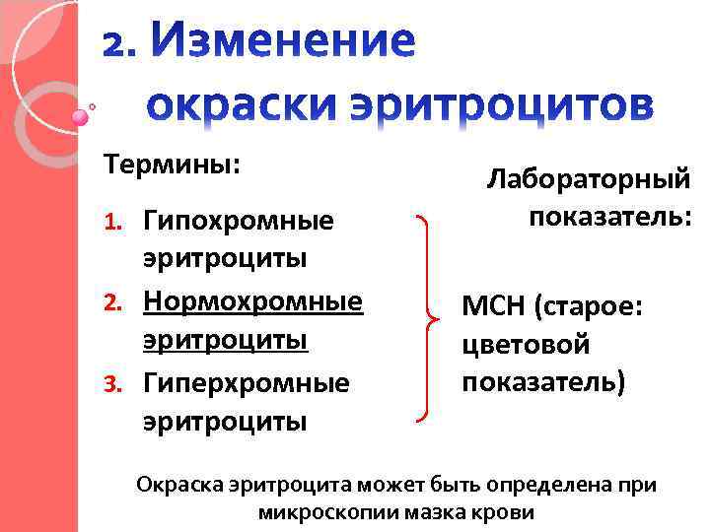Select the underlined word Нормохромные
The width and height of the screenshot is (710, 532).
tap(252, 299)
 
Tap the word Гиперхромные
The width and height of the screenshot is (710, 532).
tap(246, 381)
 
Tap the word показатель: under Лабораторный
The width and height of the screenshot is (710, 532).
tap(610, 216)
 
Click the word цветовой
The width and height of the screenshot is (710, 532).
tap(526, 345)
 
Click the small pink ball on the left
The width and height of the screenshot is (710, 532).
tap(80, 116)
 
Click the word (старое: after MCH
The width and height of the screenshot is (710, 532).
tap(588, 308)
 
